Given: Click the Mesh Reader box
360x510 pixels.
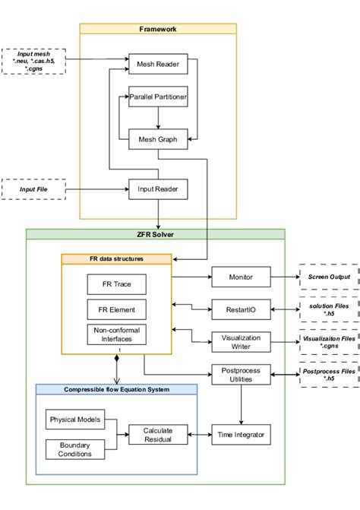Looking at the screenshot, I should pyautogui.click(x=157, y=64).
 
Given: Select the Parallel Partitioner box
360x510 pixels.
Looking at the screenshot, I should pyautogui.click(x=157, y=98).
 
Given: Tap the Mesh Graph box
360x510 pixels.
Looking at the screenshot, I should pyautogui.click(x=157, y=139).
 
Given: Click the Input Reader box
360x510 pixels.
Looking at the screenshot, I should pyautogui.click(x=157, y=188).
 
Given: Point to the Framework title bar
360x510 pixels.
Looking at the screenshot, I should pyautogui.click(x=158, y=28).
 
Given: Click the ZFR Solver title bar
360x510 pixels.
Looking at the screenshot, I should pyautogui.click(x=156, y=234).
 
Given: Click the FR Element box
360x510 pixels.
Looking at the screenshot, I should pyautogui.click(x=116, y=310).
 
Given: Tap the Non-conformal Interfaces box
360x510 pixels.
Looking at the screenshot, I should pyautogui.click(x=116, y=335).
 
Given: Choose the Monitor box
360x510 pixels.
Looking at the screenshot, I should pyautogui.click(x=241, y=277).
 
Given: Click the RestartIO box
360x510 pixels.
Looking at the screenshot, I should pyautogui.click(x=241, y=309).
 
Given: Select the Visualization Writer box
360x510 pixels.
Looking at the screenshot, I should pyautogui.click(x=241, y=341).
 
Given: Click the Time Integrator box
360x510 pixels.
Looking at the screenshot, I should pyautogui.click(x=241, y=434).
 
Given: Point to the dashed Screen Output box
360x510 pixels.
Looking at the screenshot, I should pyautogui.click(x=329, y=277).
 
